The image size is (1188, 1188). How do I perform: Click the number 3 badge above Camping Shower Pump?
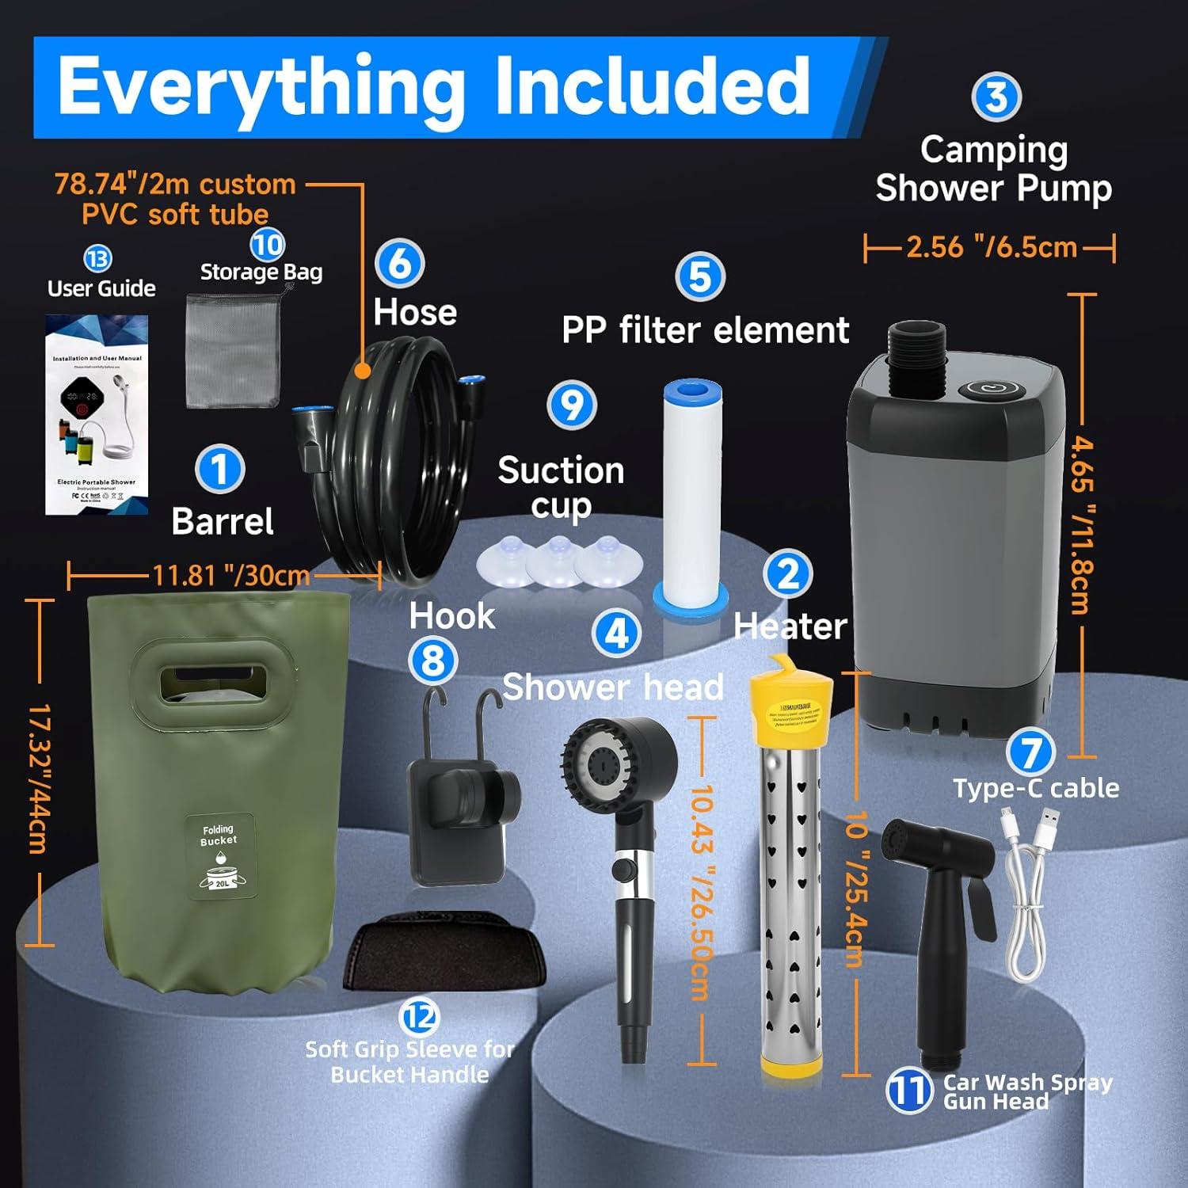click(996, 97)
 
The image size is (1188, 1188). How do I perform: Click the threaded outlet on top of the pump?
click(918, 346)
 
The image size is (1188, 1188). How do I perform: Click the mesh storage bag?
click(233, 350)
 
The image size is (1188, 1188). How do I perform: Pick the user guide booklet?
click(97, 414)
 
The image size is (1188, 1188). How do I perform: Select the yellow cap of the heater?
click(791, 697)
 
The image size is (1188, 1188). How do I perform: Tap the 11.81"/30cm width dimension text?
click(230, 575)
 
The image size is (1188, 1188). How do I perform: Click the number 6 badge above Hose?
click(400, 264)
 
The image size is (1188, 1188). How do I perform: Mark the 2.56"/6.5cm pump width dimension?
click(991, 247)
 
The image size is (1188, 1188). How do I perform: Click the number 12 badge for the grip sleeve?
click(421, 1016)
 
